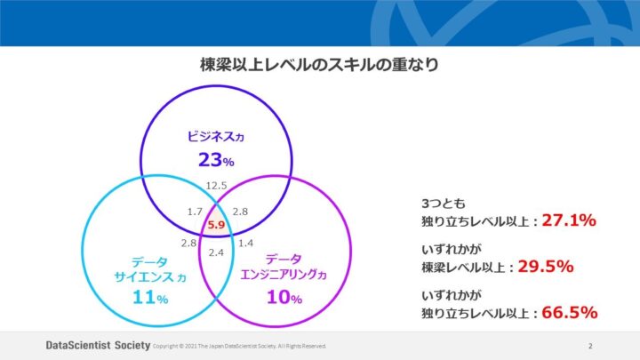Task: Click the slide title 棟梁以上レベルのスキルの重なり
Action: (x=319, y=66)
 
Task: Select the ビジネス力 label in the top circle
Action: (x=214, y=137)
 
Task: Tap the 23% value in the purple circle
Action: (x=215, y=161)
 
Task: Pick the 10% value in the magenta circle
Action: (x=284, y=298)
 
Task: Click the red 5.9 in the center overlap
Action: (x=216, y=226)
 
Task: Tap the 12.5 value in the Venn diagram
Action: (x=216, y=185)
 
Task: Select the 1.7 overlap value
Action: (x=196, y=212)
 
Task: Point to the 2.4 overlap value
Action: (x=216, y=252)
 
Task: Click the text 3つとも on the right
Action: (x=437, y=204)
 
